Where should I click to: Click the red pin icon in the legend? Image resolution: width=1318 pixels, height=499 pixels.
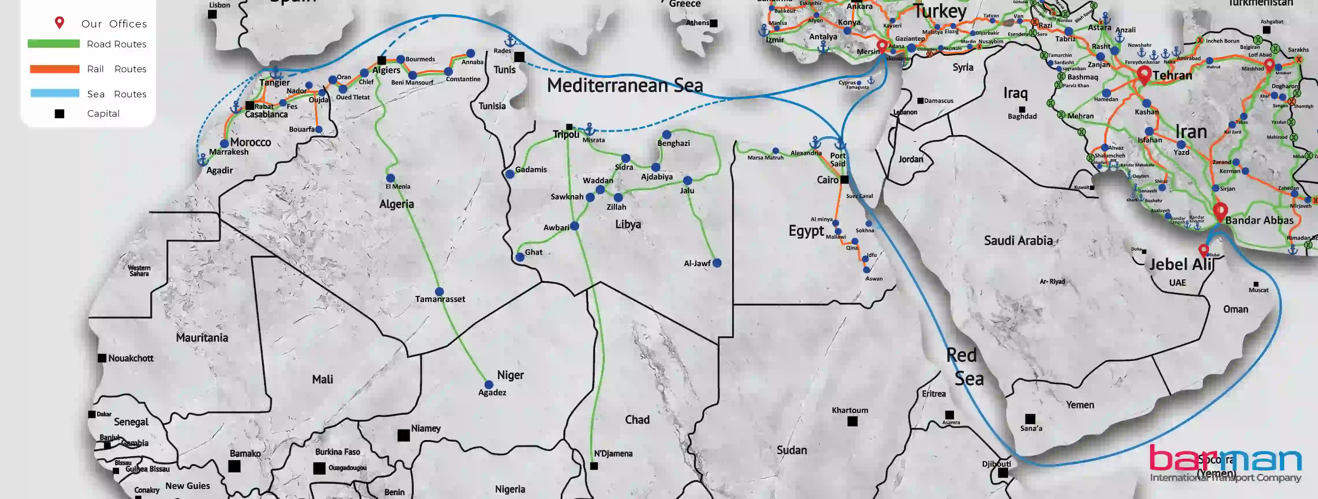(x=59, y=23)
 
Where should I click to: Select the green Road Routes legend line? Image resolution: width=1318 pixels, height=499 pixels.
(x=54, y=44)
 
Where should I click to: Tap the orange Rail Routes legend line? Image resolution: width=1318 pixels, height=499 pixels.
(x=54, y=69)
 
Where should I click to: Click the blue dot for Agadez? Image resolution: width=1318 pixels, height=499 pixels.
(x=489, y=385)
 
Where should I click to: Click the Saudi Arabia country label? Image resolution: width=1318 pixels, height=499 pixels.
(x=1018, y=241)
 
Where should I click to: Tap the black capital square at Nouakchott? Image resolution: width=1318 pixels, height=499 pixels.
(x=102, y=358)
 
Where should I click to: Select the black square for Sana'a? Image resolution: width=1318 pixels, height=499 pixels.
(x=1030, y=419)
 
